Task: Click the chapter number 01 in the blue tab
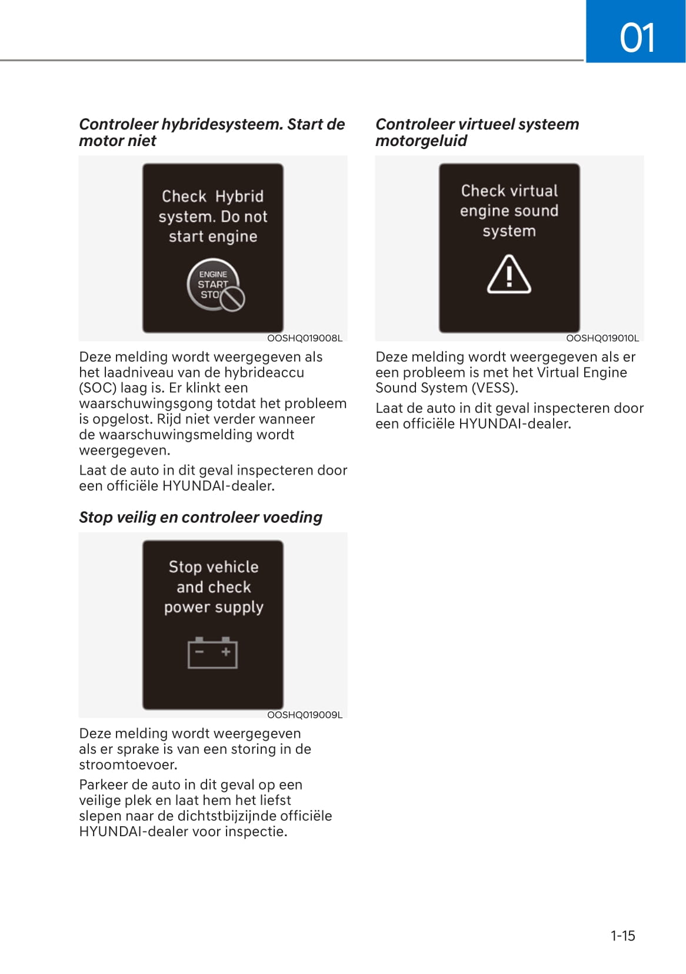coord(637,38)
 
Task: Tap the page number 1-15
coord(622,936)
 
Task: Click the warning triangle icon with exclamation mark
coord(509,275)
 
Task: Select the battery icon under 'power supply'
coord(212,653)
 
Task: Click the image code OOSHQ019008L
coord(304,338)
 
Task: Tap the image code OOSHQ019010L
coord(602,338)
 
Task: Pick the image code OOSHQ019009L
coord(304,715)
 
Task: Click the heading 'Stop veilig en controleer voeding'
coord(201,517)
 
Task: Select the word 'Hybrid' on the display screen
coord(239,196)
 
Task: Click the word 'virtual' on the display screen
coord(534,191)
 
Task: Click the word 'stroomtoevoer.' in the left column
coord(128,765)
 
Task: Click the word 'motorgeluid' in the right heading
coord(421,141)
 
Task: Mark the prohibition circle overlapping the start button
coord(233,299)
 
